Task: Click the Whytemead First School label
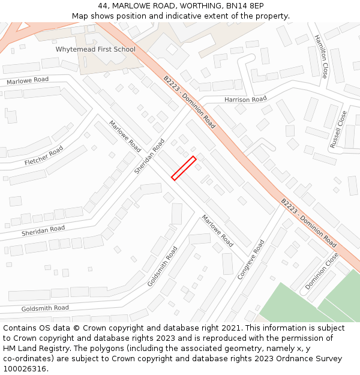click(95, 49)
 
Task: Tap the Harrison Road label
click(245, 99)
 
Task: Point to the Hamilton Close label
click(320, 56)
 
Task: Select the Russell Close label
click(338, 130)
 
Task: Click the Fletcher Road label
click(44, 156)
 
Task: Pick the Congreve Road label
click(251, 260)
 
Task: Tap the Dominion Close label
click(322, 271)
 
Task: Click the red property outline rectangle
click(184, 168)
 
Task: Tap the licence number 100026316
click(25, 369)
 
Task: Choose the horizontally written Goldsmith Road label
click(45, 308)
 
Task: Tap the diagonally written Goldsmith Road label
click(163, 266)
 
